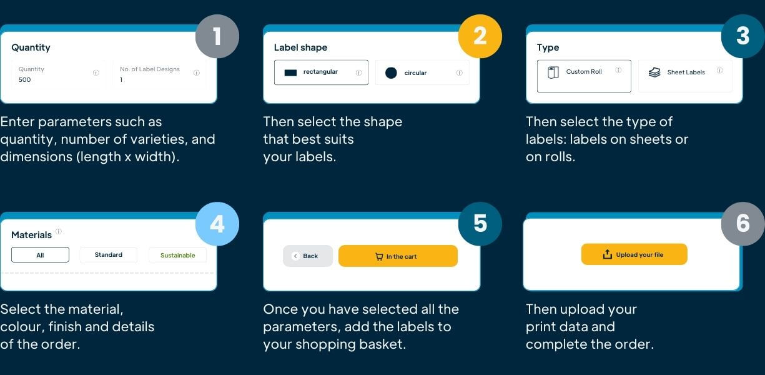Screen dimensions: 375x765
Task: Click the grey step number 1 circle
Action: tap(217, 36)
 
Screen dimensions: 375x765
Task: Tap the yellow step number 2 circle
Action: tap(480, 36)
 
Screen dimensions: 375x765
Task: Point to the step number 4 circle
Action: tap(217, 223)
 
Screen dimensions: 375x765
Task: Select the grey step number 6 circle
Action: tap(743, 223)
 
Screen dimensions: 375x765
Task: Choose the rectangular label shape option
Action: tap(321, 72)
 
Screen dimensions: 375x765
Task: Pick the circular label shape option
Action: tap(422, 73)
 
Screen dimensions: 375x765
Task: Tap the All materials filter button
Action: tap(40, 255)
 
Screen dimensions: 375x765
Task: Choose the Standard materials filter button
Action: tap(108, 255)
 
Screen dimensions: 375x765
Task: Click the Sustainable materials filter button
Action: tap(177, 255)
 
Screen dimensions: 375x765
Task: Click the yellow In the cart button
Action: tap(398, 256)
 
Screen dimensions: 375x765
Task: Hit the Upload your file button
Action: tap(634, 254)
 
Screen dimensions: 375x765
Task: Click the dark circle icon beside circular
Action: tap(391, 73)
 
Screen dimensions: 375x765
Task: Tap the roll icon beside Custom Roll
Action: tap(553, 72)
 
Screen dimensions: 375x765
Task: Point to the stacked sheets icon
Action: tap(654, 72)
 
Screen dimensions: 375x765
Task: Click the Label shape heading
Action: tap(300, 47)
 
